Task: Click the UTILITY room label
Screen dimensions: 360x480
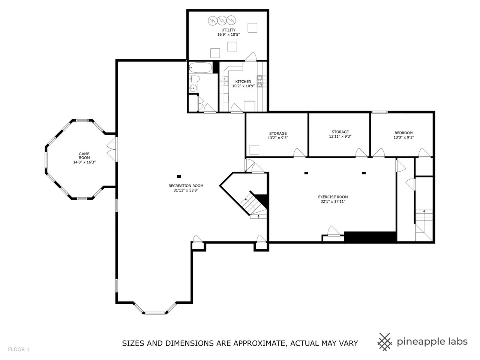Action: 228,30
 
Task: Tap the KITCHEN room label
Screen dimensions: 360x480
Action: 243,81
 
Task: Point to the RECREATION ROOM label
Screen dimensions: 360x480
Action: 186,186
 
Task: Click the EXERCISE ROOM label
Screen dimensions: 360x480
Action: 333,197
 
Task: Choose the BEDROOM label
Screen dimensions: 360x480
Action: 403,133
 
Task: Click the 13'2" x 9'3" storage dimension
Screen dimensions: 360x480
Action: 277,138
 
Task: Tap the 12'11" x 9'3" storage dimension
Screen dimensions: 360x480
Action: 340,136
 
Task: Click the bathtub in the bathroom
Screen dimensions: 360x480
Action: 200,68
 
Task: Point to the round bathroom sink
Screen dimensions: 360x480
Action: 193,88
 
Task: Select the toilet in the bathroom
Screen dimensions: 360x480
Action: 194,79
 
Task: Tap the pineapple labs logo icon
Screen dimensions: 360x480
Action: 384,341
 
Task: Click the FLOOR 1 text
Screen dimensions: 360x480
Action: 19,349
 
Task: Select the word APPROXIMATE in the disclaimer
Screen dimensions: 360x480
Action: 259,343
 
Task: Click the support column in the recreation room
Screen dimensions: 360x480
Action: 179,176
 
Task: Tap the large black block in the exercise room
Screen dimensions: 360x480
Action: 370,237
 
